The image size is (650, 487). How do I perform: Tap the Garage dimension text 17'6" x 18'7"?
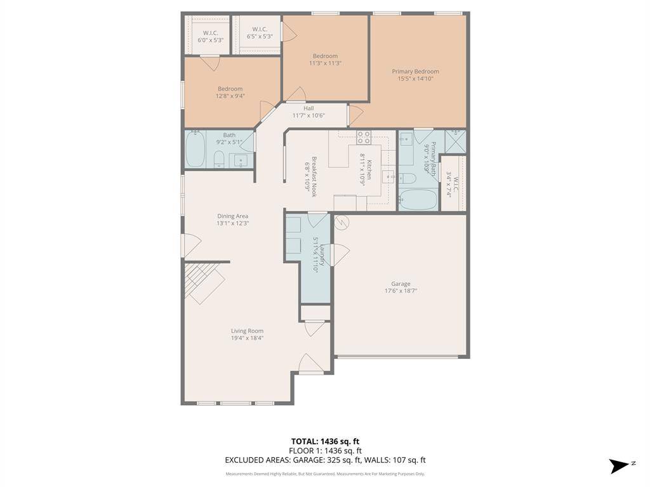[401, 292]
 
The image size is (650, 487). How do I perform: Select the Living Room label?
[247, 330]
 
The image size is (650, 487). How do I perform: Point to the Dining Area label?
[232, 216]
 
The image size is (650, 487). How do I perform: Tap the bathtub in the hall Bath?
[196, 150]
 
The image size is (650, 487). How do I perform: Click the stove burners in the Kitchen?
[364, 137]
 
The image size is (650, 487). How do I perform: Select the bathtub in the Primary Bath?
[418, 200]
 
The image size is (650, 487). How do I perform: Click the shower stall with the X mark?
[456, 141]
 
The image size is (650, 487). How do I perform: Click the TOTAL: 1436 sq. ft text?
[325, 441]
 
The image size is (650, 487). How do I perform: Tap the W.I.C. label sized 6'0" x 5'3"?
[211, 32]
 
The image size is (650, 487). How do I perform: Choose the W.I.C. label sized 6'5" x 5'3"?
[260, 29]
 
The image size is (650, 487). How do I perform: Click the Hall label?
[308, 108]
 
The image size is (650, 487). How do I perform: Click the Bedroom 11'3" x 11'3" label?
[325, 56]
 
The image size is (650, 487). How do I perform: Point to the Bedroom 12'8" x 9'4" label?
[230, 89]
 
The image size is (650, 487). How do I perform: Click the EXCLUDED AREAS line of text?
[325, 460]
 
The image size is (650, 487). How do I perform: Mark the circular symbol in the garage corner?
[342, 223]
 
